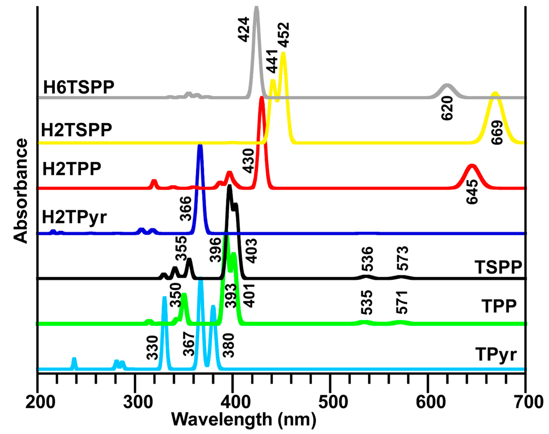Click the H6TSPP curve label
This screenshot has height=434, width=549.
coord(79,87)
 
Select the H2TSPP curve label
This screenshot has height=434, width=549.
coord(76,130)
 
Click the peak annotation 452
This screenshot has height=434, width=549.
coord(283,35)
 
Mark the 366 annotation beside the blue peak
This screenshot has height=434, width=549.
coord(186,209)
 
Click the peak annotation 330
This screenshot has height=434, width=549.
coord(153,348)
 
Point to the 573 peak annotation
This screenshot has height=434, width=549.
coord(403,258)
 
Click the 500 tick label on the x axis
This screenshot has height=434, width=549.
coord(329,402)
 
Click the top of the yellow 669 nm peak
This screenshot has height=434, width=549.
coord(495,94)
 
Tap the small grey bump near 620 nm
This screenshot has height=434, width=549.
coord(447,86)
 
